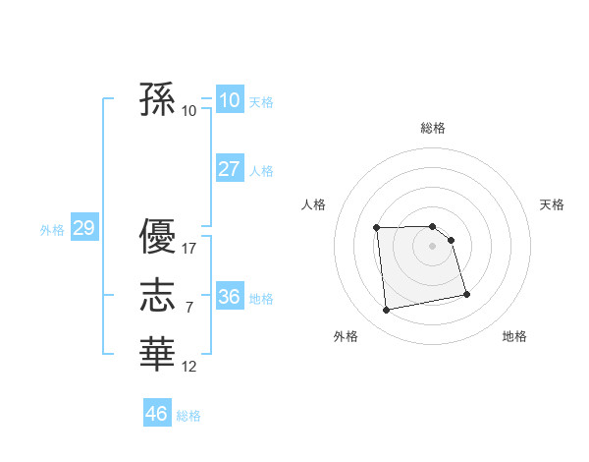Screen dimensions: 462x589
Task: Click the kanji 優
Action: click(x=157, y=237)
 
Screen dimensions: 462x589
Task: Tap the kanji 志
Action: click(x=157, y=294)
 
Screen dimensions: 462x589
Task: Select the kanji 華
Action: click(x=157, y=352)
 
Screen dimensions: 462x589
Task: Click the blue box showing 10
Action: click(x=229, y=100)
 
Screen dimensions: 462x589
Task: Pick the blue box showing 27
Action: click(x=229, y=169)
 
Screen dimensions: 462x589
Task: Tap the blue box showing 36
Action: click(x=229, y=297)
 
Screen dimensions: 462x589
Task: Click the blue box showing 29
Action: click(x=82, y=229)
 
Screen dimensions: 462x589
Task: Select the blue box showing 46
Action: click(x=156, y=414)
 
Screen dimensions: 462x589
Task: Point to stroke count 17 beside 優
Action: click(x=189, y=249)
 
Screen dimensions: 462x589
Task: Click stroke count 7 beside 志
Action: click(x=189, y=308)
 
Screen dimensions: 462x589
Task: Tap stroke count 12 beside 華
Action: click(x=189, y=367)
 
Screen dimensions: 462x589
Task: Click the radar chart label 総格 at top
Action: click(x=433, y=128)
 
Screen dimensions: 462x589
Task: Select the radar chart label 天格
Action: click(x=553, y=204)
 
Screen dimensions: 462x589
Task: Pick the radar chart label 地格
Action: click(x=514, y=336)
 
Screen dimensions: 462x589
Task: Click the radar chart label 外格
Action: click(x=345, y=336)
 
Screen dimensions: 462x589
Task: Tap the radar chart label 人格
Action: click(x=313, y=204)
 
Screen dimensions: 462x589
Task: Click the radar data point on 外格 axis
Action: click(x=387, y=310)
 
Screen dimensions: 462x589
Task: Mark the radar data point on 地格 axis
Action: click(x=466, y=294)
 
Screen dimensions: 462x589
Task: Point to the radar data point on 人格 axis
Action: click(x=377, y=228)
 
